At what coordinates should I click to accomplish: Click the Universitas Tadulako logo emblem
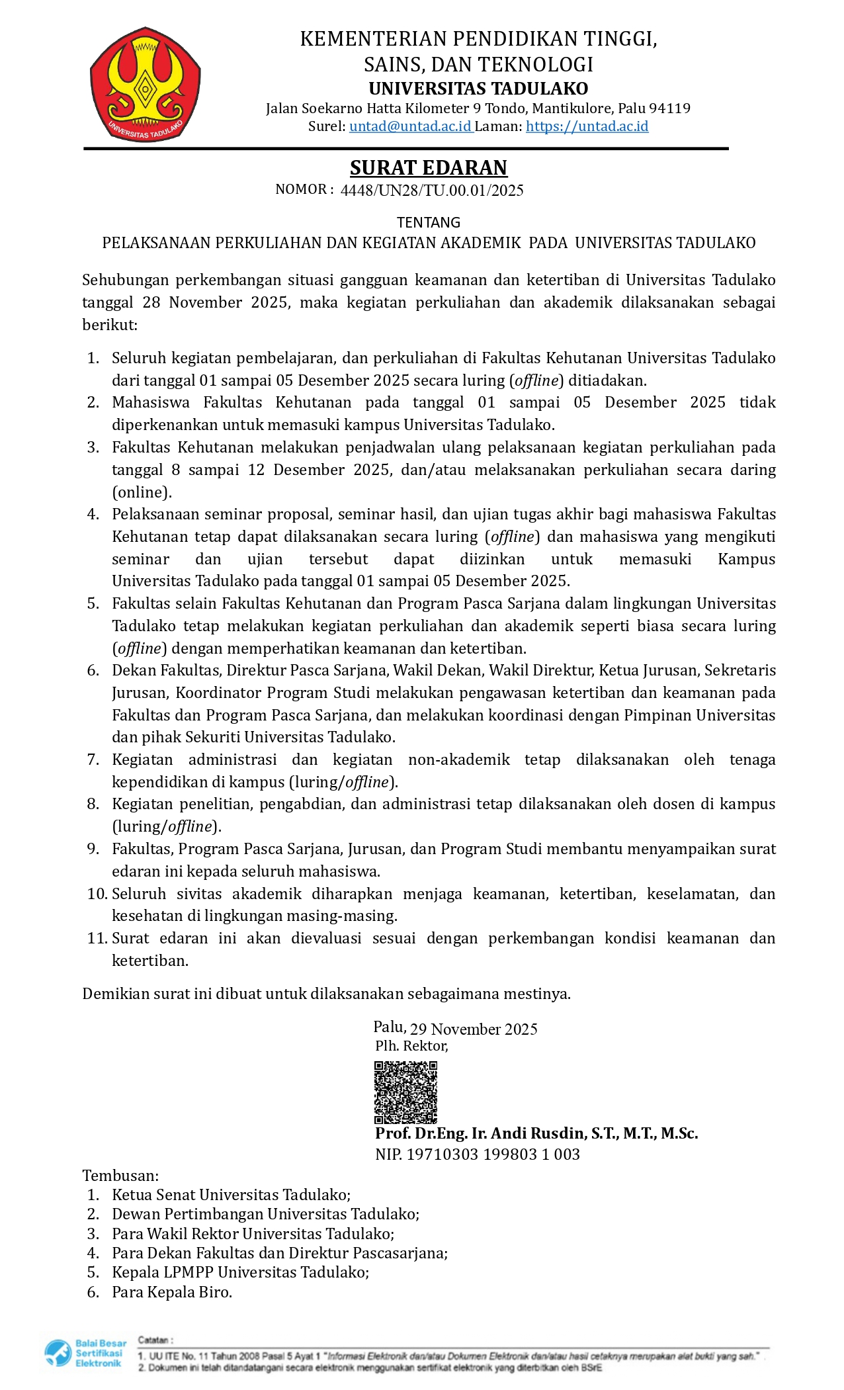(145, 84)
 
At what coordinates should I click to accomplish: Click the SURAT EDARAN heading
(428, 167)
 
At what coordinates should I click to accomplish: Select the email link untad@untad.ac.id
(410, 126)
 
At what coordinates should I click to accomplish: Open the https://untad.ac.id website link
(587, 126)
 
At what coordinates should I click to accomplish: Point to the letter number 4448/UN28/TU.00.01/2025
(431, 191)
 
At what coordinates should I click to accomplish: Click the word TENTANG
(428, 222)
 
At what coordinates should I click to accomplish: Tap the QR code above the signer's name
(405, 1092)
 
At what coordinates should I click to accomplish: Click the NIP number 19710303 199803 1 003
(493, 1154)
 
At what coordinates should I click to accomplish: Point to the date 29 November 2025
(474, 1029)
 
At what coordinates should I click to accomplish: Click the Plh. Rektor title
(411, 1046)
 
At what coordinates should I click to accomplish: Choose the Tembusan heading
(120, 1175)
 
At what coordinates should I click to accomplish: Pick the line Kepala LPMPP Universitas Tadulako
(240, 1272)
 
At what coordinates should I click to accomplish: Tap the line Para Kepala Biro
(172, 1291)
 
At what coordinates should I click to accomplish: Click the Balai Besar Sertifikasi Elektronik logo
(85, 1353)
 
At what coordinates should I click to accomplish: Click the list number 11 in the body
(96, 938)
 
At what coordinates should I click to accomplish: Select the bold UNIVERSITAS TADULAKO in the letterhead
(478, 88)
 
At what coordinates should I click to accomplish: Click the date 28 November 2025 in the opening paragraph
(216, 302)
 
